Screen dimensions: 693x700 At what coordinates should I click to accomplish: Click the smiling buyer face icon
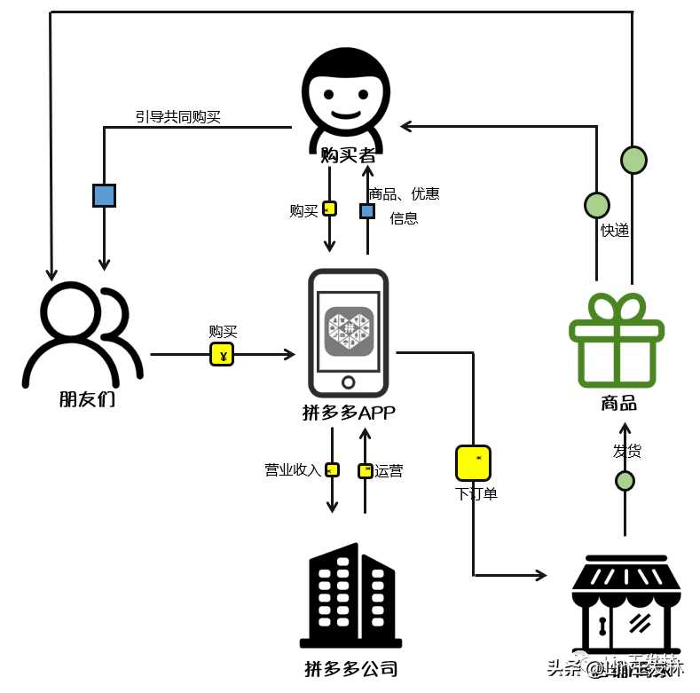coord(347,96)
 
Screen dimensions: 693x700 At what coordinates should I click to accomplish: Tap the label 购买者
coord(347,155)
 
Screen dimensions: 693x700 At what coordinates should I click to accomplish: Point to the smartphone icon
coord(348,332)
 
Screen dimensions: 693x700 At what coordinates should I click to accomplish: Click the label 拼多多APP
coord(349,413)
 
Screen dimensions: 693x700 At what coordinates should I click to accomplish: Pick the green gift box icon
coord(617,341)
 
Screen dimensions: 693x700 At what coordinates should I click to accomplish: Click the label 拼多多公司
coord(350,668)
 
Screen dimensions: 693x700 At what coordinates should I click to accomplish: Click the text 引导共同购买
coord(177,116)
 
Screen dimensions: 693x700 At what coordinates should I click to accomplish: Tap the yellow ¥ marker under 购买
coord(222,356)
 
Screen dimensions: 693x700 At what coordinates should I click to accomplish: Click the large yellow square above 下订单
coord(473,463)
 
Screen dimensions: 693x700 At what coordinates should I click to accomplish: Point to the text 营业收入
coord(292,470)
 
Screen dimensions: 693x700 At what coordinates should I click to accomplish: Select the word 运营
coord(389,471)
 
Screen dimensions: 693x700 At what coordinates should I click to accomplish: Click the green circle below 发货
coord(625,481)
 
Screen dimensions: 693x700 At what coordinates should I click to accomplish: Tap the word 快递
coord(615,231)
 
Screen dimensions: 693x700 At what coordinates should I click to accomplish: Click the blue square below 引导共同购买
coord(105,195)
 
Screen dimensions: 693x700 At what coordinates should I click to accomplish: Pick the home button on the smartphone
coord(349,382)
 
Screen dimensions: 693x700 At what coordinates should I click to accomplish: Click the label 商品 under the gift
coord(618,404)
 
